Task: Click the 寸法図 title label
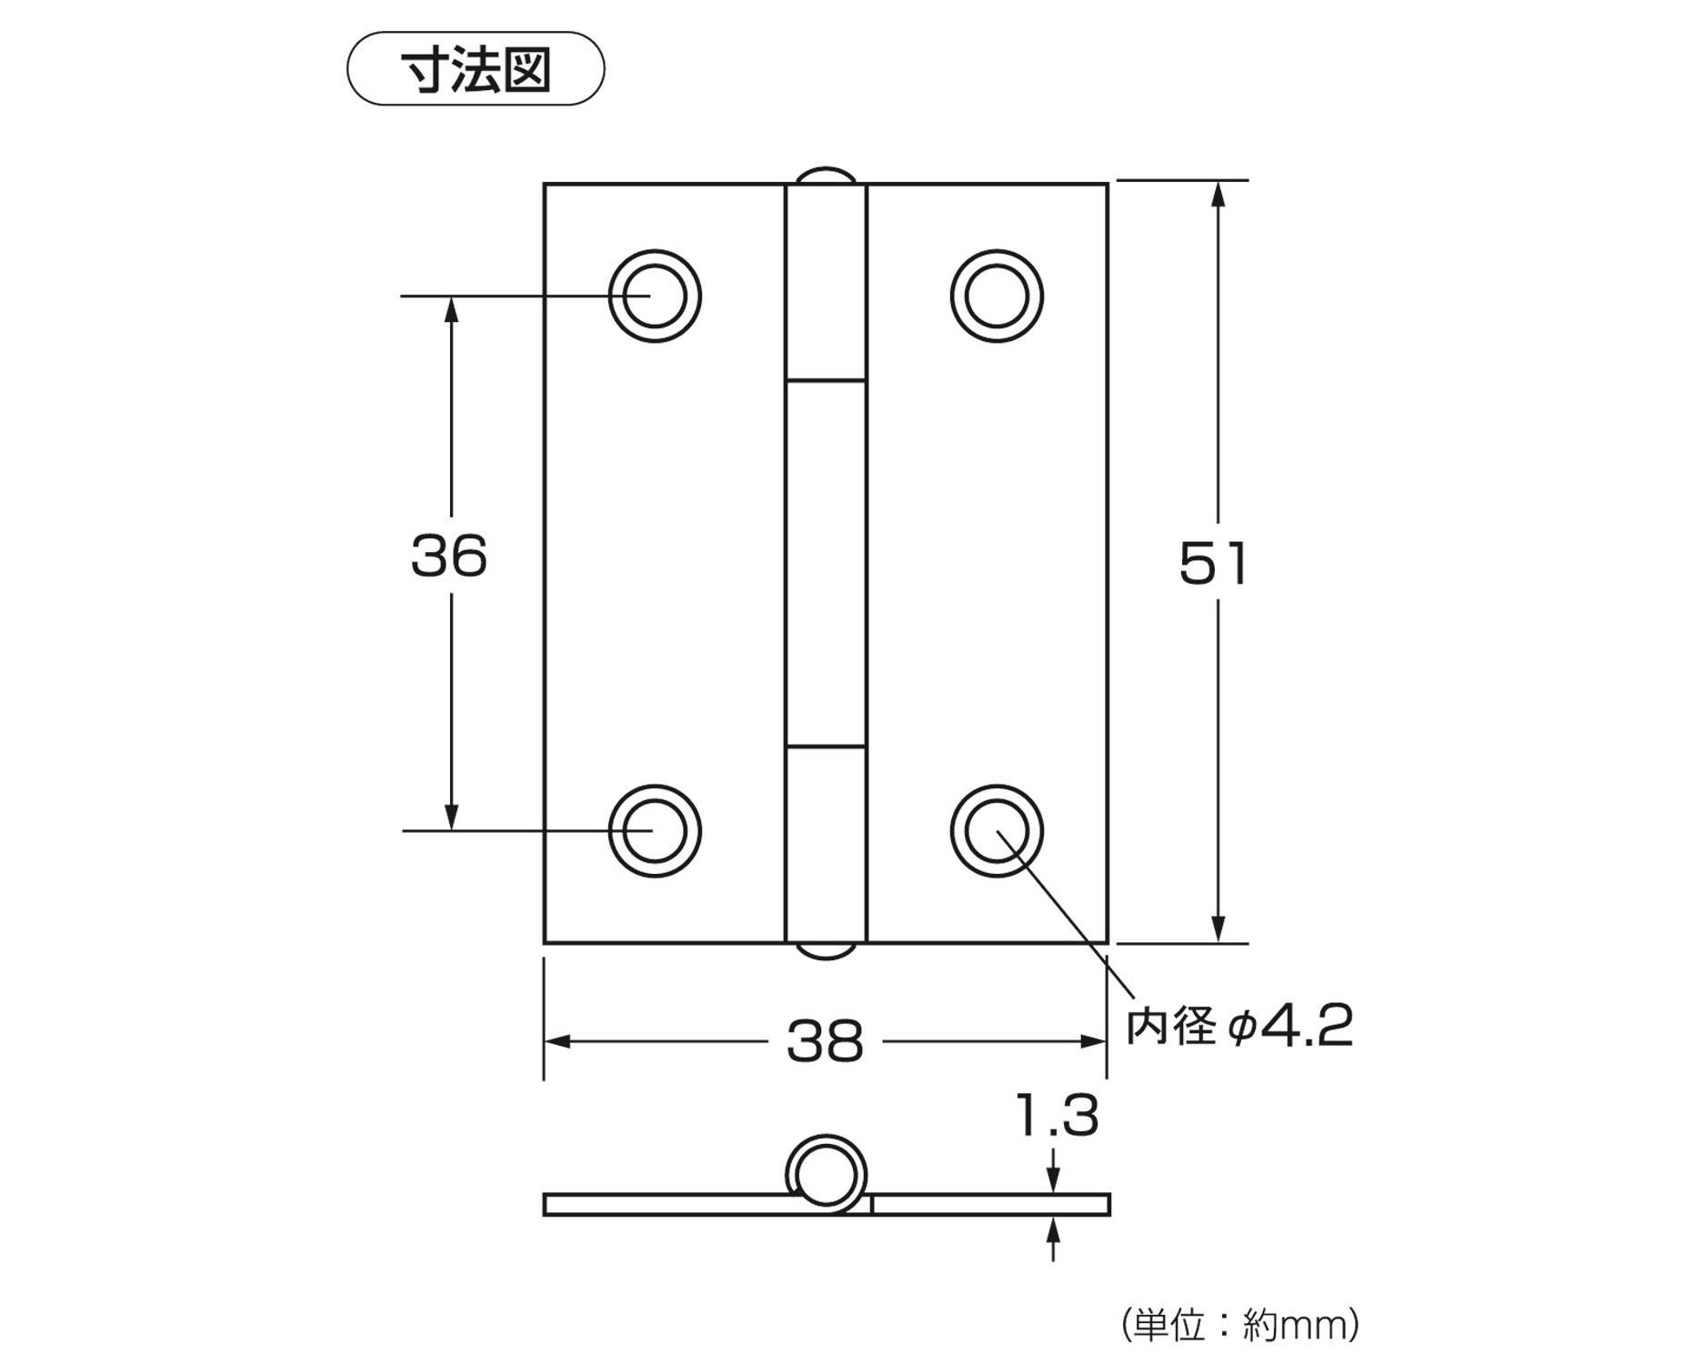point(476,69)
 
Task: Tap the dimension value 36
point(448,556)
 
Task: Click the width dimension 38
point(824,1041)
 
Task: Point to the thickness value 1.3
point(1057,1116)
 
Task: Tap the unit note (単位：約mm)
point(1240,1325)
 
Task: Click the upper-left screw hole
point(655,296)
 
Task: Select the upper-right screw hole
point(997,296)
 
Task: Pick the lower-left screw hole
point(655,831)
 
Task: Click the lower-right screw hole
point(997,831)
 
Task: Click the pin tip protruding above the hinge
point(826,175)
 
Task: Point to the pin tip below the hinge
point(826,951)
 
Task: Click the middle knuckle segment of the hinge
point(826,564)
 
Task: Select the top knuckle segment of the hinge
point(826,282)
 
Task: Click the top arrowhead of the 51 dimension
point(1219,193)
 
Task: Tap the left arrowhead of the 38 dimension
point(557,1041)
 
